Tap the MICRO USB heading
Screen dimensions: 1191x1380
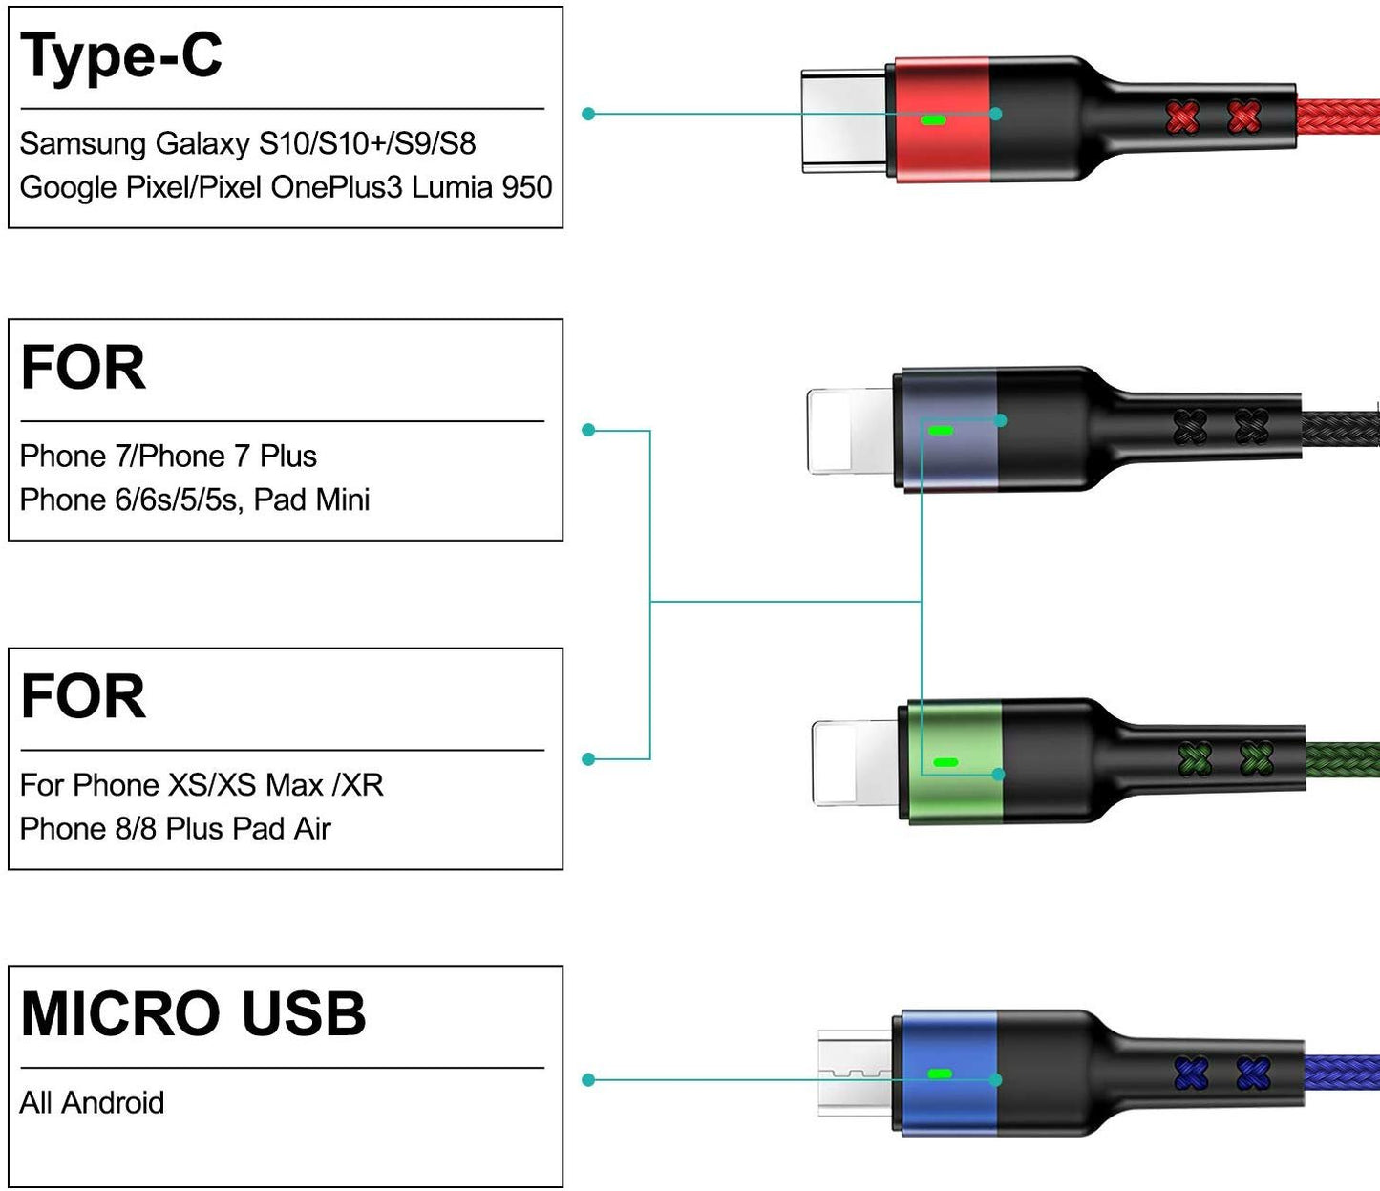tap(193, 1013)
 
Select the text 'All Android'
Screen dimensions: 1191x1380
tap(92, 1103)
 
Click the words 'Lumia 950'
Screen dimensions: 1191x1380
tap(481, 187)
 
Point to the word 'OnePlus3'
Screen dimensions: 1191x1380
tap(336, 187)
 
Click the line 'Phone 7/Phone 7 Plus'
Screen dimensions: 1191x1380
tap(168, 457)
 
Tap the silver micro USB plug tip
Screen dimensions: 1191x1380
tap(854, 1074)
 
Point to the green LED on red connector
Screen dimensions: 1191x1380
tap(932, 121)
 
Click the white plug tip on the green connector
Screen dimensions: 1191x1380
tap(855, 763)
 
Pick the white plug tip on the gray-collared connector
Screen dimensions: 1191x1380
tap(851, 431)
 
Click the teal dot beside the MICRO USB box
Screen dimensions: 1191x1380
tap(588, 1080)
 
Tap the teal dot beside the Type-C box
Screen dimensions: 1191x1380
tap(588, 114)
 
